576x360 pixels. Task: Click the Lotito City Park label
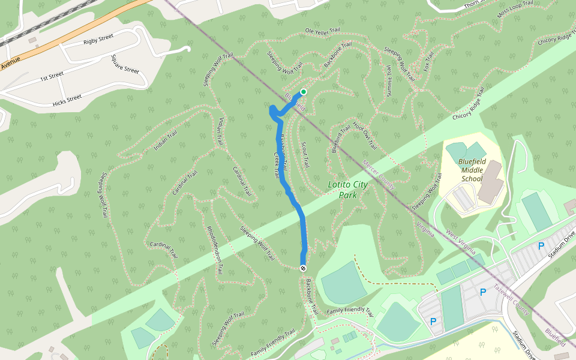tap(347, 190)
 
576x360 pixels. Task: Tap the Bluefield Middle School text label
tap(472, 170)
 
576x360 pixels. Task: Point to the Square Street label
tap(125, 64)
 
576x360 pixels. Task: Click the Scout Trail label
tap(304, 154)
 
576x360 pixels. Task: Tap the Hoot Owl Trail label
tap(365, 136)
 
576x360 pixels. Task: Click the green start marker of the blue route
tap(304, 92)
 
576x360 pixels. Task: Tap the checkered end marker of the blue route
tap(304, 268)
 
